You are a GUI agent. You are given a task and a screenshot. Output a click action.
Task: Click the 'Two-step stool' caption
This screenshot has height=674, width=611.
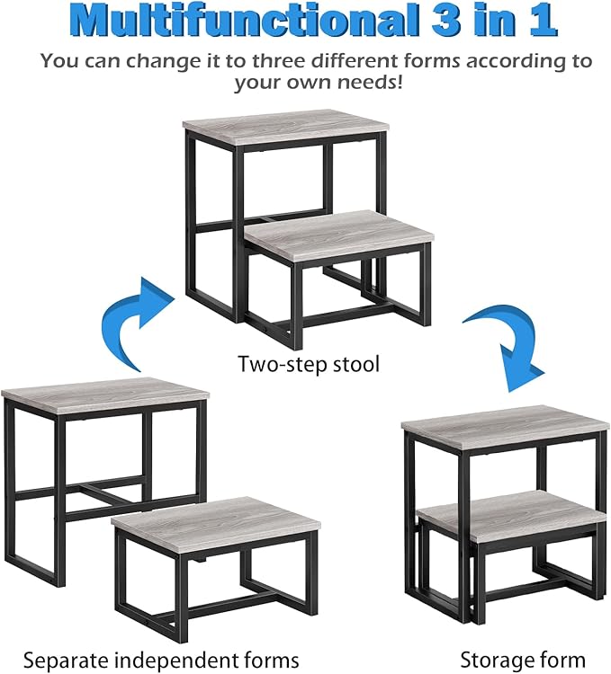click(309, 364)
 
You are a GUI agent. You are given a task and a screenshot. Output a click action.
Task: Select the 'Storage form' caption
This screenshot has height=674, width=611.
click(523, 660)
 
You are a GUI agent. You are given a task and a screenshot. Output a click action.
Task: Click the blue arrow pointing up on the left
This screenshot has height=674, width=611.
click(135, 324)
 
